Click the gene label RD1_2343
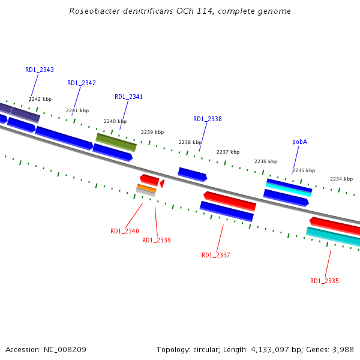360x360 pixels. coord(40,70)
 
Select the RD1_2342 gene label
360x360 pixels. coord(82,83)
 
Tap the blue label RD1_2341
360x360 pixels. coord(129,97)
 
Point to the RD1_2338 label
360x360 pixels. coord(208,119)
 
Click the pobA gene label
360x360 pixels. coord(300,142)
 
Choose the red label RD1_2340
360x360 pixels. coord(125,232)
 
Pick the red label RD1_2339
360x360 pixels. coord(157,241)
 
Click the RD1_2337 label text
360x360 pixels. coord(216,256)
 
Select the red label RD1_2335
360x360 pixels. coord(325,281)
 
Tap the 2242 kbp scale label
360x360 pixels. coord(40,99)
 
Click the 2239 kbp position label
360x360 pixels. coord(152,132)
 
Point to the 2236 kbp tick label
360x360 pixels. coord(266,161)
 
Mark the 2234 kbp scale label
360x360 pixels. coord(341,179)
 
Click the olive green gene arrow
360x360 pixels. coord(116,142)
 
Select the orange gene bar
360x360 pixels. coord(146,188)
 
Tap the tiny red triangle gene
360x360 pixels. coord(162,183)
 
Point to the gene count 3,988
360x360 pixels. coord(342,349)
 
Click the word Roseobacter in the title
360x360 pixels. coord(91,11)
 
